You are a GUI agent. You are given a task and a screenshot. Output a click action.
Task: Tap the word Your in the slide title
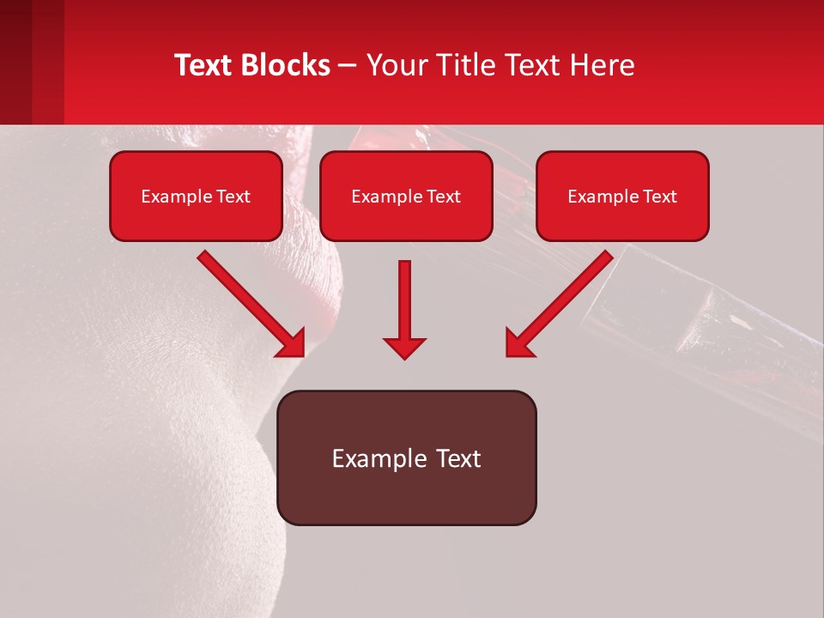397,65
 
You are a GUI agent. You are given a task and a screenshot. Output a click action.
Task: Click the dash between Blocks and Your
348,66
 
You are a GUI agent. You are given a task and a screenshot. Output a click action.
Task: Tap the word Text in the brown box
457,458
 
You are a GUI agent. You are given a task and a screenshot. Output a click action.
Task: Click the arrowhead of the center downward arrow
404,347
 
